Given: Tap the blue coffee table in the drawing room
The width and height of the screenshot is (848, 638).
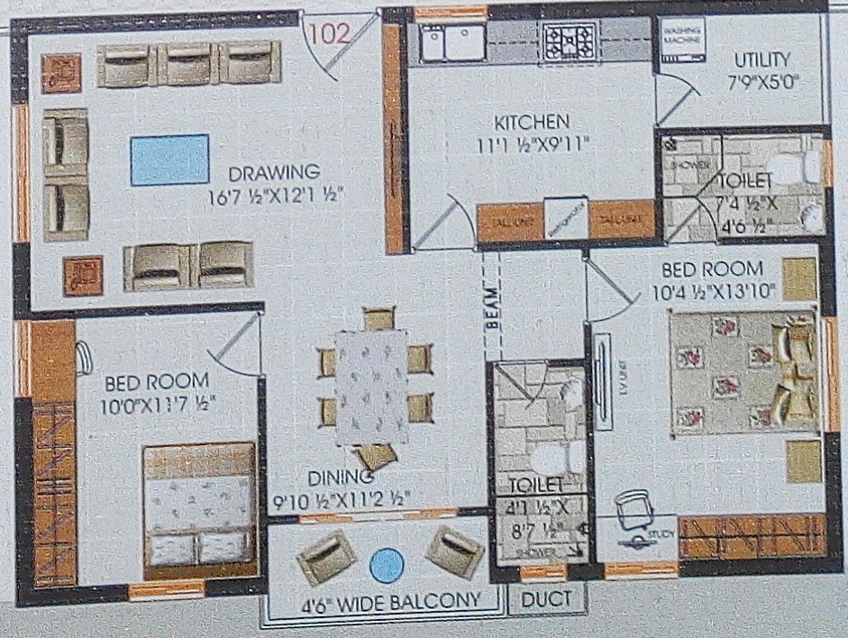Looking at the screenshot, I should click(x=169, y=159).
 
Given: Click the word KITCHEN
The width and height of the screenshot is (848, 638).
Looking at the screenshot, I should click(x=530, y=122).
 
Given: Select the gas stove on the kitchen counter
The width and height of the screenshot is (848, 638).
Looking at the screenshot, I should click(x=570, y=39).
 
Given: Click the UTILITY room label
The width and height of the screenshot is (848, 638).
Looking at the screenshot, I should click(x=761, y=60).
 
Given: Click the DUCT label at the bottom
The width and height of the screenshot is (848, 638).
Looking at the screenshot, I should click(x=546, y=597).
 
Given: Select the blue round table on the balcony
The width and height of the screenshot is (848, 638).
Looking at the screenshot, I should click(x=387, y=564).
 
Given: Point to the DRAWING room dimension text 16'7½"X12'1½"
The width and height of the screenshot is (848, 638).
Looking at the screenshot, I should click(x=274, y=193).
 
